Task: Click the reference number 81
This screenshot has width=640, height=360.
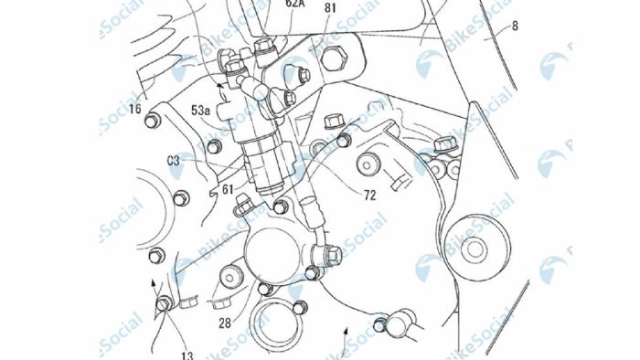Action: pos(329,8)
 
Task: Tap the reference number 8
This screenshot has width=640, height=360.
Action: pos(515,26)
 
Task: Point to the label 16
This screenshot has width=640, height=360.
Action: pos(135,109)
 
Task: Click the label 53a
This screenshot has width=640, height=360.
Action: pos(201,111)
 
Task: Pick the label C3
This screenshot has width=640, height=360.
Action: pos(174,161)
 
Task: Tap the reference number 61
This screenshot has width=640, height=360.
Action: pos(228,189)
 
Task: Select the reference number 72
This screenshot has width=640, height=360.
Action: pos(369,196)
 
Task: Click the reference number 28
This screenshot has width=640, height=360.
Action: pos(225,323)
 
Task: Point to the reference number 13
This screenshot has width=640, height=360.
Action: pos(187,355)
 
